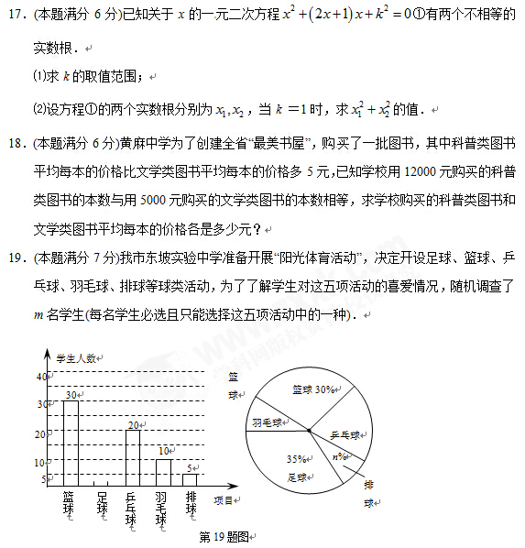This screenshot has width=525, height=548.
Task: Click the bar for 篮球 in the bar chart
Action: (70, 442)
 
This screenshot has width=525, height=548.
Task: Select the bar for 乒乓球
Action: (133, 456)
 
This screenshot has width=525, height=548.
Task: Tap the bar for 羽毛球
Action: (163, 471)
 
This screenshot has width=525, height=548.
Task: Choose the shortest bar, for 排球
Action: (191, 478)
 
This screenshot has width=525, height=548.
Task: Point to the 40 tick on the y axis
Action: (41, 377)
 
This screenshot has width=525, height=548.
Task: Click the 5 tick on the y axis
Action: (44, 479)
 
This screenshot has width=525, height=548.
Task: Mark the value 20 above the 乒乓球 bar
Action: (133, 424)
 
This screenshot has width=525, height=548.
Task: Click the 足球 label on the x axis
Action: (102, 506)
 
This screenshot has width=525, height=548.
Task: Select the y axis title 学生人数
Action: (77, 357)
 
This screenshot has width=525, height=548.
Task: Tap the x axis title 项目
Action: (223, 500)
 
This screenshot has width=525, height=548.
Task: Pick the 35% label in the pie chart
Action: (295, 458)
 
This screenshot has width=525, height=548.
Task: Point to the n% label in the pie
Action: (340, 456)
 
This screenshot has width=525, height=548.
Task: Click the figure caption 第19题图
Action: (224, 536)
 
